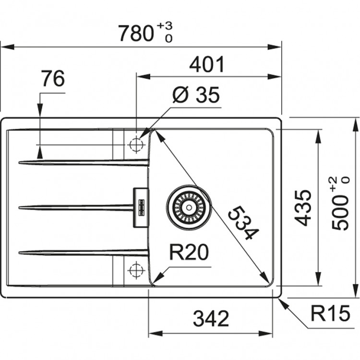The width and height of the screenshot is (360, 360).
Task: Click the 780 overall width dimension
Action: point(135,33)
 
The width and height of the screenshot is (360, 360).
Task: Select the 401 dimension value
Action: point(207,64)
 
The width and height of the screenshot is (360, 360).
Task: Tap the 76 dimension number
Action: point(52,79)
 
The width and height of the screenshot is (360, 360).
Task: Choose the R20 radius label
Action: point(189,252)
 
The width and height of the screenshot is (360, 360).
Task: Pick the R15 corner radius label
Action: point(330,314)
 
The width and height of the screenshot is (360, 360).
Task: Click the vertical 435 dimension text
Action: point(303,207)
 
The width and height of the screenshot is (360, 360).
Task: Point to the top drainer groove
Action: point(84,163)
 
